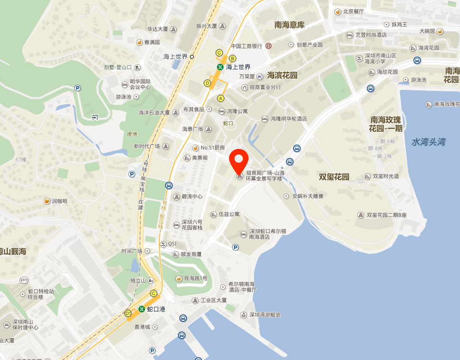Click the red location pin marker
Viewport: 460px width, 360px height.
click(239, 160)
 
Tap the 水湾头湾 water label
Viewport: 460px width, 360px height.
click(429, 142)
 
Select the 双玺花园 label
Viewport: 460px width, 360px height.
click(334, 177)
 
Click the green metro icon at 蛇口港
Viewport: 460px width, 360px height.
click(141, 309)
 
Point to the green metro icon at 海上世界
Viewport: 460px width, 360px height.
click(220, 67)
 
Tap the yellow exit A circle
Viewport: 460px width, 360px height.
click(220, 98)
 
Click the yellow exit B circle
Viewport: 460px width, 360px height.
click(233, 58)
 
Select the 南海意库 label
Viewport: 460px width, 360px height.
click(289, 25)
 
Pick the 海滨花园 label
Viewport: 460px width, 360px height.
click(282, 75)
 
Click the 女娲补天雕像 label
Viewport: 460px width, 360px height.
click(308, 196)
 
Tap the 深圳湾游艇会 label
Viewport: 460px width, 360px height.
click(265, 315)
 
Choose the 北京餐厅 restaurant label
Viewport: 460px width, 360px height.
click(353, 11)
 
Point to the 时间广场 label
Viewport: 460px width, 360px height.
click(132, 251)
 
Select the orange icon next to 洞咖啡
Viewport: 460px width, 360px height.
click(47, 201)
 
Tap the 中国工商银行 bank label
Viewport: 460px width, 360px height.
click(246, 46)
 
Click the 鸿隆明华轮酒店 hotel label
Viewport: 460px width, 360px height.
click(289, 119)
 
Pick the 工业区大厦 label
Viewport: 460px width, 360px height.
click(214, 301)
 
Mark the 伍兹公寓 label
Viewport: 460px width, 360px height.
click(229, 214)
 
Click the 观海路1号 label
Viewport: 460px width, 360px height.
click(196, 278)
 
